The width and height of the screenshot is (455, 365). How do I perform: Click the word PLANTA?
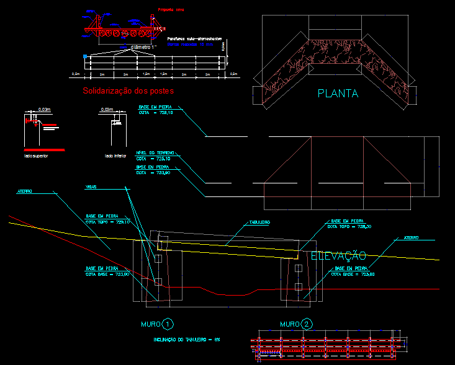[x=338, y=94]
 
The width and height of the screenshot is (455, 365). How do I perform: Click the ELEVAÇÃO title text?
[x=338, y=256]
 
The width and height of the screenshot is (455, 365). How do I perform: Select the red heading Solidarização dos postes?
[x=128, y=91]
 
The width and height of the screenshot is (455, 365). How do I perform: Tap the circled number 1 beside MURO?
[x=168, y=324]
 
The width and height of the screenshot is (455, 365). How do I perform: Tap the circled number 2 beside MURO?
[x=307, y=324]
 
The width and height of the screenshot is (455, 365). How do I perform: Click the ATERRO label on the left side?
[x=25, y=192]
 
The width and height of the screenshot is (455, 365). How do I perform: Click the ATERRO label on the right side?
[x=412, y=237]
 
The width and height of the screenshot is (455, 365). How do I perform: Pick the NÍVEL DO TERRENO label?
[x=156, y=152]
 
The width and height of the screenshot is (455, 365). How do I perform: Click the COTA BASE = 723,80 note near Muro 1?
[x=108, y=275]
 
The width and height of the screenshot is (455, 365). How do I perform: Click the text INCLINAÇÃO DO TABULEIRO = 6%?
[x=187, y=340]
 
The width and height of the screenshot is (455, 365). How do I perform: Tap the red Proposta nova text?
[x=171, y=10]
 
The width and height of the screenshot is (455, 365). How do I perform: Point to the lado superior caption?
[x=35, y=156]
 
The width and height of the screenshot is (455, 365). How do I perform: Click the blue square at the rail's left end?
[x=85, y=57]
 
